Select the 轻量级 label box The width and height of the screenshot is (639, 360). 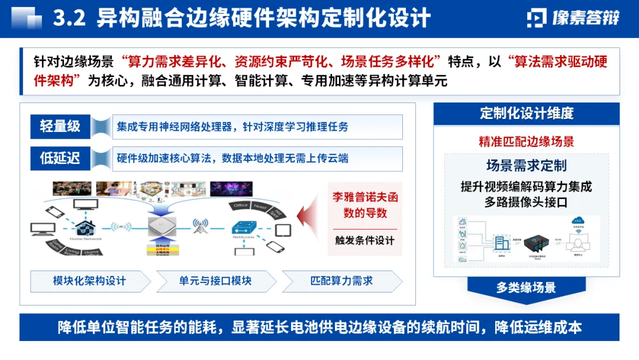click(60, 126)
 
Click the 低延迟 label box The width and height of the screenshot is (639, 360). click(60, 158)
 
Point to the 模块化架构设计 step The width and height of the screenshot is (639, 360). click(89, 281)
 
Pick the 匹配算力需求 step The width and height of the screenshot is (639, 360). click(341, 281)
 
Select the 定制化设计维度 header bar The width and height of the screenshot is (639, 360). click(527, 113)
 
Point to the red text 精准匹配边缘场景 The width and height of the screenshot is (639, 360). click(527, 142)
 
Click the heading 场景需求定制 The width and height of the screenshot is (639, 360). click(527, 165)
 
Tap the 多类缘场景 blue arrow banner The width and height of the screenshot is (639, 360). click(526, 288)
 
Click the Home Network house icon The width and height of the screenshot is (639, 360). click(84, 227)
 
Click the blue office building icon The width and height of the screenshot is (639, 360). click(502, 243)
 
